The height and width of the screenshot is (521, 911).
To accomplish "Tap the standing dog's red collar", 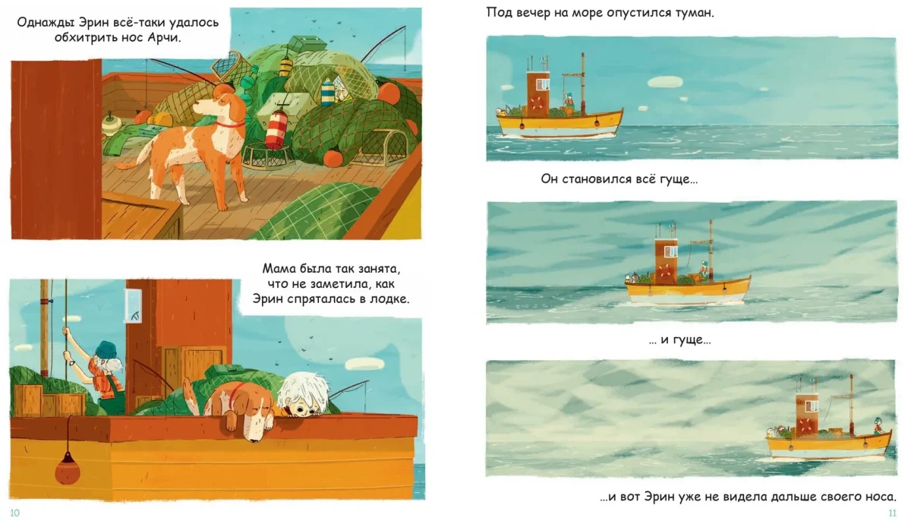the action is (229, 125).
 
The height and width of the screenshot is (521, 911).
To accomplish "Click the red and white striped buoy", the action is (275, 129).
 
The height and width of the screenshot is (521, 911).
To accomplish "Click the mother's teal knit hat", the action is (106, 352).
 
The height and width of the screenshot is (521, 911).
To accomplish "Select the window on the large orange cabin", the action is (134, 305).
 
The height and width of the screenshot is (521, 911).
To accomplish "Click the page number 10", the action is (14, 513).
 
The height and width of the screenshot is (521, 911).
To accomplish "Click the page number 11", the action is (892, 513).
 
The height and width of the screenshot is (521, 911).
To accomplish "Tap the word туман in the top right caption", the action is (695, 13).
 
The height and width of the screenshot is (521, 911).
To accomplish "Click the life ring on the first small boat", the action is (536, 103).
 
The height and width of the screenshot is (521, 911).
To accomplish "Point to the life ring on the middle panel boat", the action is (664, 270).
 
